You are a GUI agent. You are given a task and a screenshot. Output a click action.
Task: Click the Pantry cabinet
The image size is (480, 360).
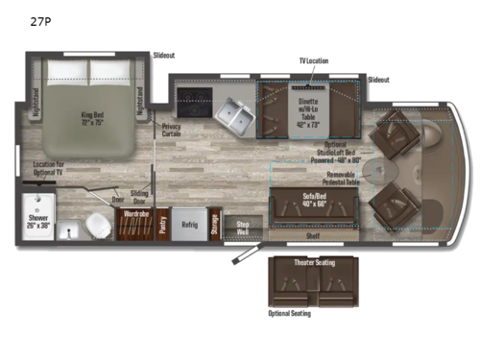coord(163,223)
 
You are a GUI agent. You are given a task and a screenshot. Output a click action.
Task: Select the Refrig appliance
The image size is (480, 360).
coord(190,224)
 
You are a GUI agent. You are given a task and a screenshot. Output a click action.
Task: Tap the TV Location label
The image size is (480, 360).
coord(313,60)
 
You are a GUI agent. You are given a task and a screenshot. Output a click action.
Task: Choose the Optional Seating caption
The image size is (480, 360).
coord(289,313)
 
